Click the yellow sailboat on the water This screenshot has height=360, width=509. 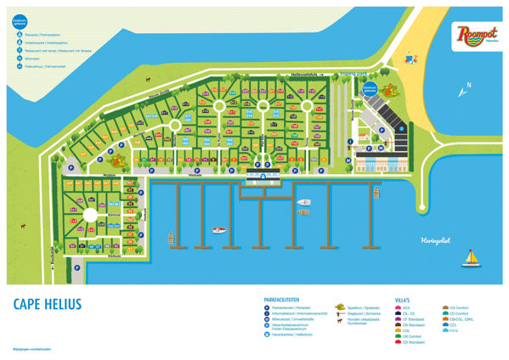(x=472, y=259)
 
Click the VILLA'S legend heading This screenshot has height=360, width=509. (x=402, y=299)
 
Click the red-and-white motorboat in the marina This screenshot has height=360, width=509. (x=219, y=229)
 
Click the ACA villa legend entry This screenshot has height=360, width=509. (x=405, y=307)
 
